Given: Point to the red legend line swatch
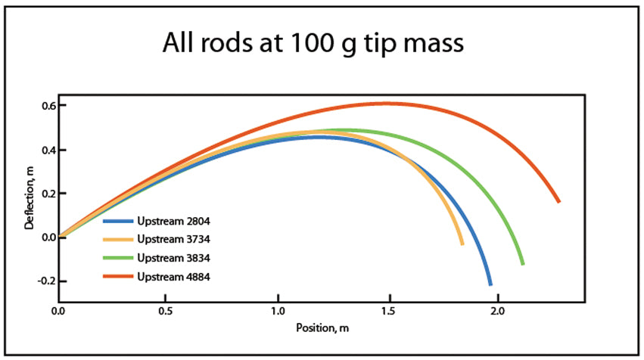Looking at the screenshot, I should click(118, 276).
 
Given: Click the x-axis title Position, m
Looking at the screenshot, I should click(321, 329).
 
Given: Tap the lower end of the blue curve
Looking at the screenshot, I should click(490, 284).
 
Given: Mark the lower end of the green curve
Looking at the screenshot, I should click(522, 263).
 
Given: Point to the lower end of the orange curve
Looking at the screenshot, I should click(462, 244).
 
